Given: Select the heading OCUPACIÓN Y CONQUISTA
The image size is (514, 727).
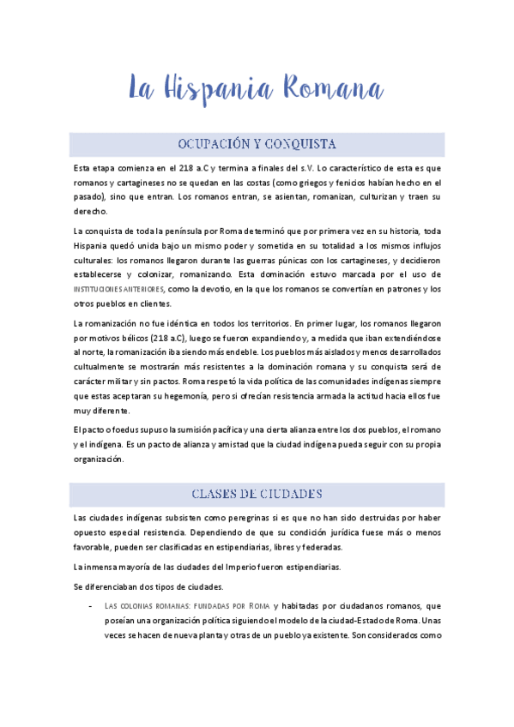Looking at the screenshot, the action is click(x=257, y=143).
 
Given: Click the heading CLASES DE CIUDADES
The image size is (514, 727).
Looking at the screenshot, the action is click(x=257, y=494).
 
